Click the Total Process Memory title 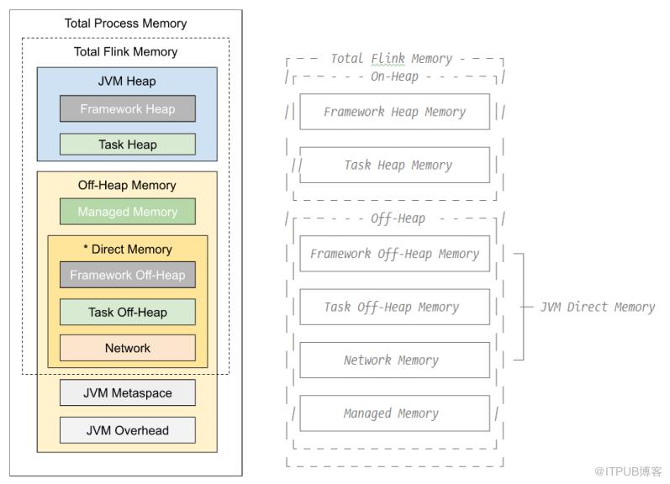126,24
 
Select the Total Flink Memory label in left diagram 126,52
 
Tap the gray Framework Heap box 127,109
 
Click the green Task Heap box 127,145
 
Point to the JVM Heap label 127,82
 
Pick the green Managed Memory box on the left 127,212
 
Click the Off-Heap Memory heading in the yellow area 127,186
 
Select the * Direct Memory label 127,250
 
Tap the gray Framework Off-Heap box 127,275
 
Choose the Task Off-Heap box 127,313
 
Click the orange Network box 127,348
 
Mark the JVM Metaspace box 127,393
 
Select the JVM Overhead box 127,430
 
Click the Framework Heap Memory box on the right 394,112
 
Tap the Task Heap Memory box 394,166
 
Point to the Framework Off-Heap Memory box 394,254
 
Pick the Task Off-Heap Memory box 394,308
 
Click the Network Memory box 394,360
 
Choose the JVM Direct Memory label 598,307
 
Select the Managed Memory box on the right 394,413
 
